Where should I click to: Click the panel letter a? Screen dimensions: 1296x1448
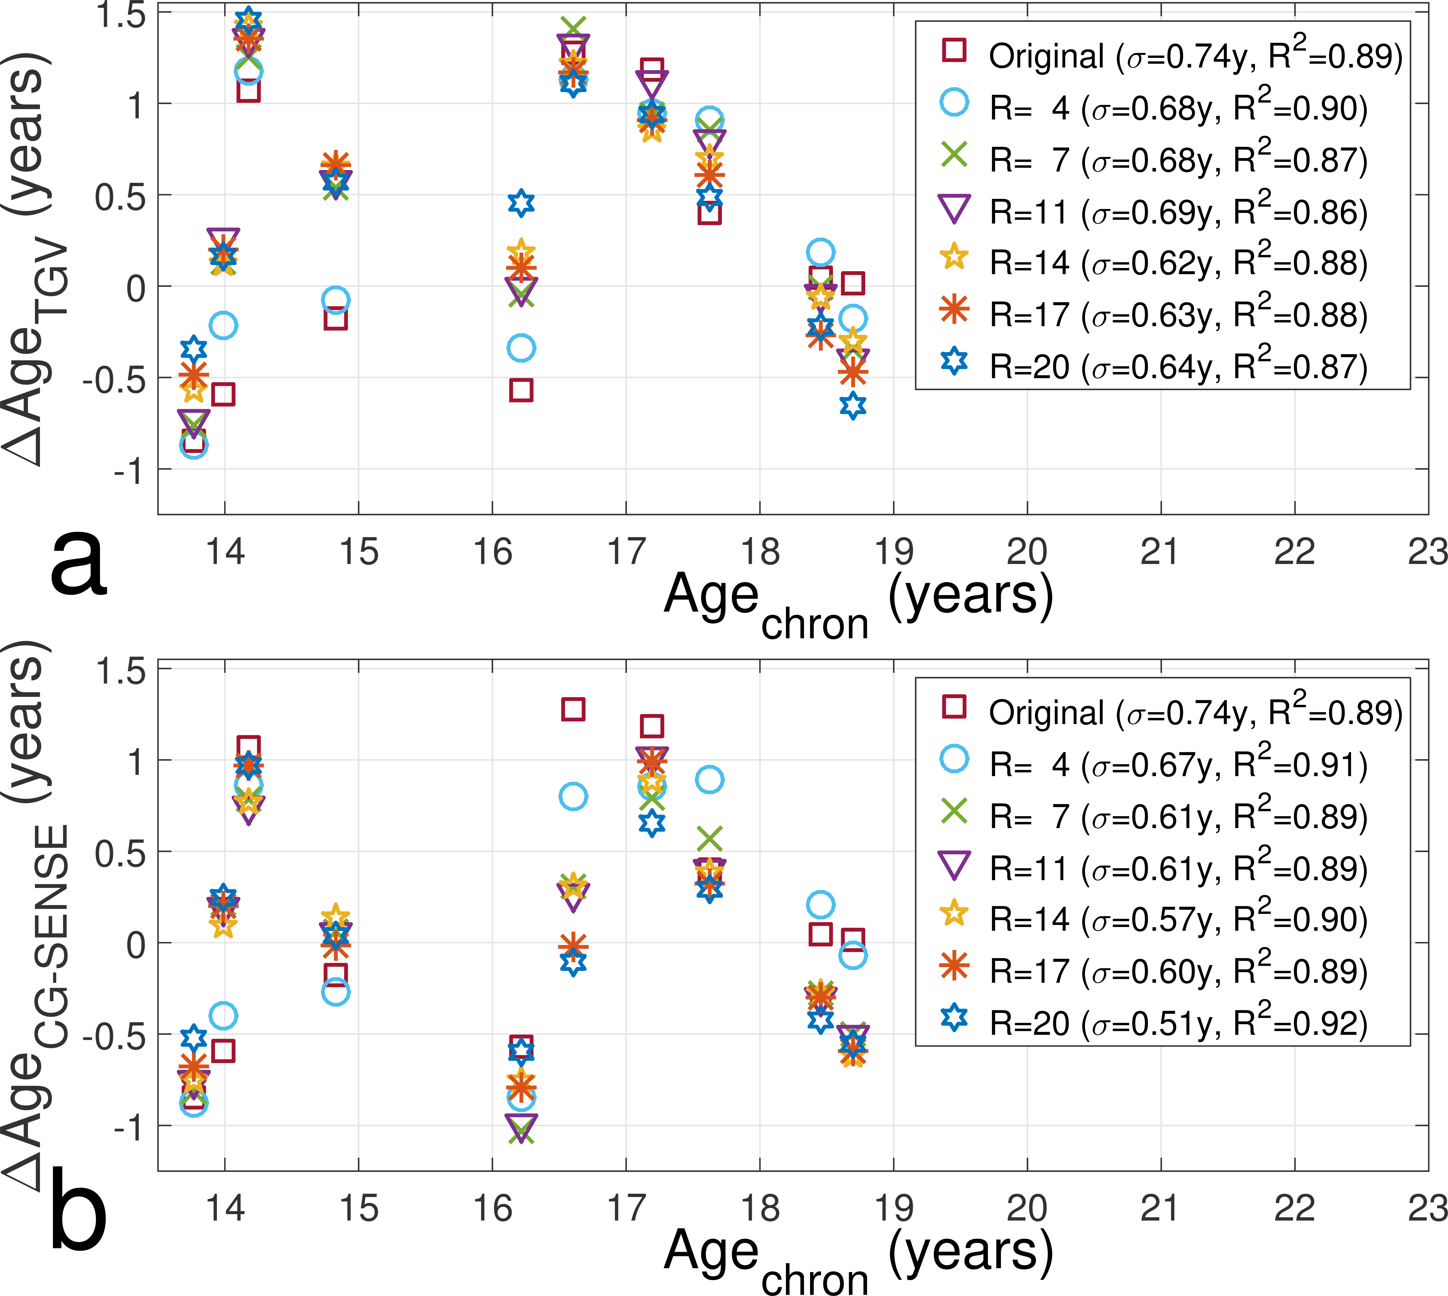(x=78, y=566)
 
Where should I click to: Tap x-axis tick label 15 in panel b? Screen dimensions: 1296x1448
(x=358, y=1209)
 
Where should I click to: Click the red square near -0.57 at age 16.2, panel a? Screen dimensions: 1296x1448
(x=521, y=390)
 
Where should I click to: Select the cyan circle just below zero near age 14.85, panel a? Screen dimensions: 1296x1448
(x=335, y=300)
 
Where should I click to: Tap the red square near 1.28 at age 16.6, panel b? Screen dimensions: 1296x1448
(x=573, y=709)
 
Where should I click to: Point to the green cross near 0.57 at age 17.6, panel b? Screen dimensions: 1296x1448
(x=710, y=839)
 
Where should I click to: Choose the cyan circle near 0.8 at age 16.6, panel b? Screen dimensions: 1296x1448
(x=573, y=796)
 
